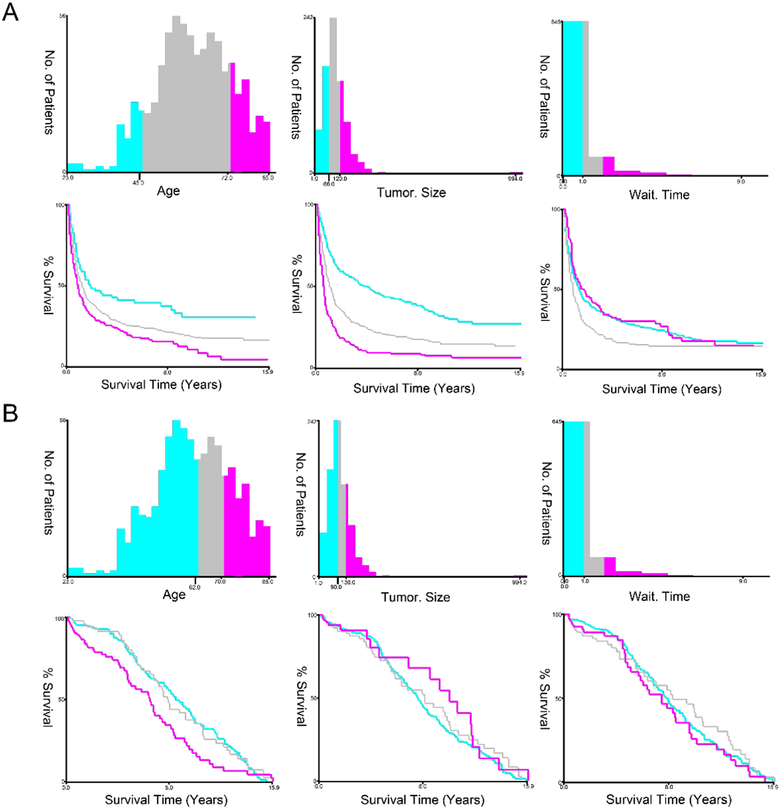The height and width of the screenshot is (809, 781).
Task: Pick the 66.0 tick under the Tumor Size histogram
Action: [329, 184]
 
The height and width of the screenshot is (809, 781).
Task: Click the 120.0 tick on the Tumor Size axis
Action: [340, 179]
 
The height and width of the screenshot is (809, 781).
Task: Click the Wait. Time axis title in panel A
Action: [659, 195]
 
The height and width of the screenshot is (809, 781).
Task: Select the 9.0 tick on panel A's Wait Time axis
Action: [741, 182]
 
